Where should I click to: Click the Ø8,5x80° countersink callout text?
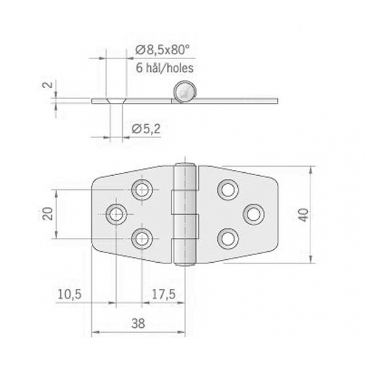162,50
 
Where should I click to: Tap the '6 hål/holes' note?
165,68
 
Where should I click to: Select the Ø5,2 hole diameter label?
146,129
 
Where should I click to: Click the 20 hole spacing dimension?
47,214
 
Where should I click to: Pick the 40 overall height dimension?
304,215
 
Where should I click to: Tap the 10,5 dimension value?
69,294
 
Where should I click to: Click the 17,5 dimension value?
164,294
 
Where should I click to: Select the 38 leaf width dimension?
138,323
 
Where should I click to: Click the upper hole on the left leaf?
142,190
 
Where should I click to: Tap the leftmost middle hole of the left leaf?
116,214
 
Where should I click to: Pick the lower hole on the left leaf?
142,238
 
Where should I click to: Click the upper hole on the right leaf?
228,190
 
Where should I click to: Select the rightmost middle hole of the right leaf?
254,214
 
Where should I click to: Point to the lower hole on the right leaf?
228,238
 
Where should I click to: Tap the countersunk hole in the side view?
116,101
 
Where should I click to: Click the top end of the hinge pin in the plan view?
185,164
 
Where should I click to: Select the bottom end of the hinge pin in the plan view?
185,264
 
